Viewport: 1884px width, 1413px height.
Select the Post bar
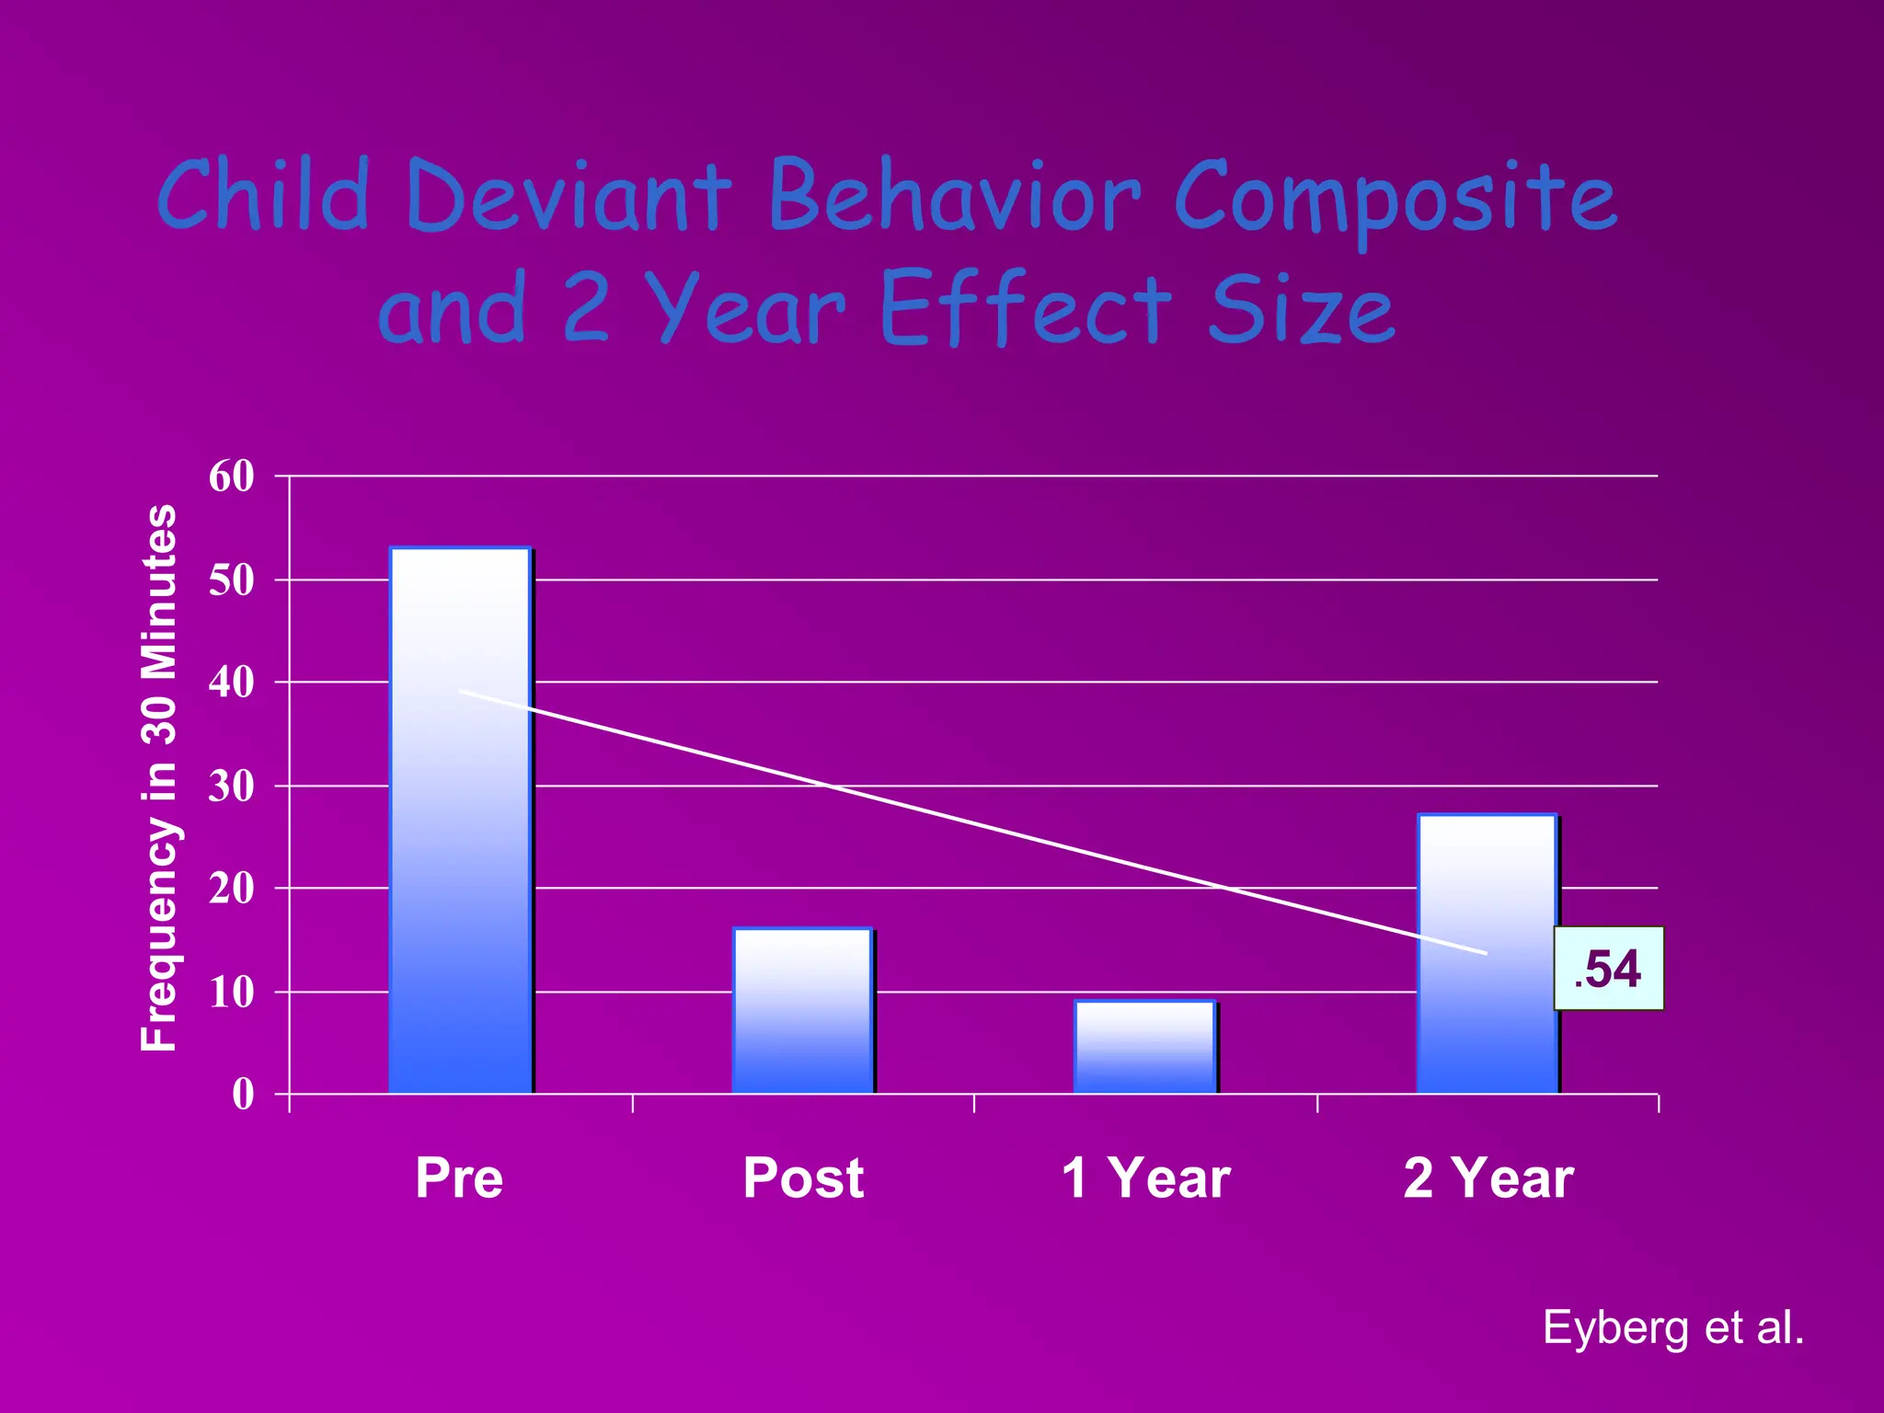[802, 1012]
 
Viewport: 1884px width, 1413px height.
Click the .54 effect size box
[1608, 969]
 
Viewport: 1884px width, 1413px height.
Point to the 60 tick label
[232, 477]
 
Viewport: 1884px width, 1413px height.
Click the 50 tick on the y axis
[232, 580]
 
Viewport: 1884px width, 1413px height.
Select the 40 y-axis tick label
[232, 683]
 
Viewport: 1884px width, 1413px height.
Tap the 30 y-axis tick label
[232, 787]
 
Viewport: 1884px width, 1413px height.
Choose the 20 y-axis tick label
[232, 889]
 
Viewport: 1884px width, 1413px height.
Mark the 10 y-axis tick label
[232, 993]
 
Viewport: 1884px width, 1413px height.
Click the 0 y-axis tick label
[243, 1095]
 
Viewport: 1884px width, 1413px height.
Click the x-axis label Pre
[459, 1177]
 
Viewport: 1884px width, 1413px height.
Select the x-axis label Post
[803, 1177]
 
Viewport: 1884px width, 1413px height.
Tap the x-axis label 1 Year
[1145, 1177]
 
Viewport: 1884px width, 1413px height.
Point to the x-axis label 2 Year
[1488, 1177]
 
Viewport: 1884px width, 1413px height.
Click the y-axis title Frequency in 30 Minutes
[159, 777]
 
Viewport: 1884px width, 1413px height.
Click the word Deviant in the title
[568, 196]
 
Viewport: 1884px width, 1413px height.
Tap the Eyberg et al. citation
[1672, 1327]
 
